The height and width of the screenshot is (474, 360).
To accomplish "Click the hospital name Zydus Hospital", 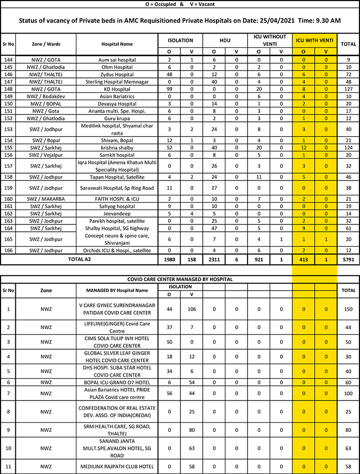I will pos(117,73).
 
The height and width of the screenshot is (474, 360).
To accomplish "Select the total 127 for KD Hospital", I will pos(348,90).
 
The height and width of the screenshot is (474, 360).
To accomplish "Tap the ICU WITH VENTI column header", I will pos(315,40).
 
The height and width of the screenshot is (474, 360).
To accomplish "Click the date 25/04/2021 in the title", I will pos(272,21).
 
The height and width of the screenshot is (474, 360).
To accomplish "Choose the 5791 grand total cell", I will pos(348,258).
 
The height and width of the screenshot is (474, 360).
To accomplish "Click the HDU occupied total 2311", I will pos(214,258).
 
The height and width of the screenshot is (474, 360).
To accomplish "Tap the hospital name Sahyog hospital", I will pos(117,206).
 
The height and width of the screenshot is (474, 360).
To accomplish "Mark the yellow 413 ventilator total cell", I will pos(303,258).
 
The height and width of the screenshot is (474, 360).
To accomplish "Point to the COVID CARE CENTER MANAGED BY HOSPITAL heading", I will pos(180,279).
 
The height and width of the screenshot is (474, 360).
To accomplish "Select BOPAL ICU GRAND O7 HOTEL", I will pos(117,382).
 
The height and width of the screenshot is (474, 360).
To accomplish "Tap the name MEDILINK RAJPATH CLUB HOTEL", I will pos(117,466).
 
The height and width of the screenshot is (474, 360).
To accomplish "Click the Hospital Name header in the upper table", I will pos(117,44).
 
